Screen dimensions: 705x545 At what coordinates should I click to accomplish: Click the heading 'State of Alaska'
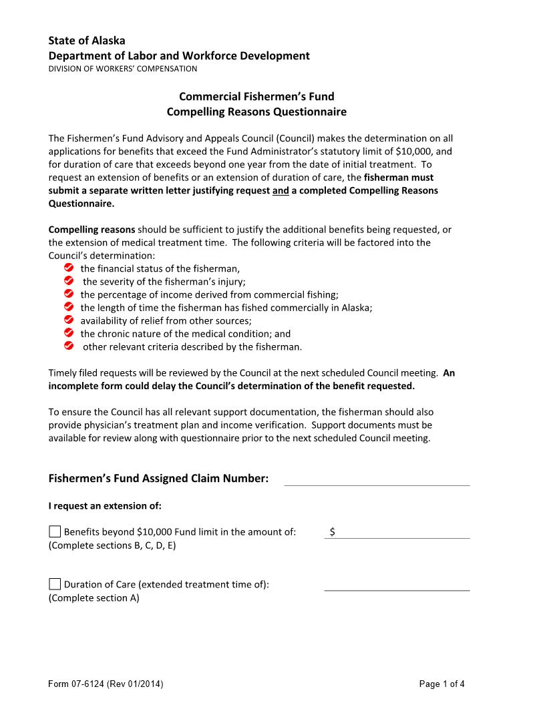(86, 41)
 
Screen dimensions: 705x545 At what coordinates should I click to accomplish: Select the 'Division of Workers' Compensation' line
(122, 68)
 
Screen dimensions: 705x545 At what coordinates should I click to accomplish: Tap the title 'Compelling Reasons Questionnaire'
(256, 111)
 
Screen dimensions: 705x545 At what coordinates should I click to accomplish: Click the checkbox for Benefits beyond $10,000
(55, 532)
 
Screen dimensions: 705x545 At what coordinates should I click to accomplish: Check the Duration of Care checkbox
(55, 584)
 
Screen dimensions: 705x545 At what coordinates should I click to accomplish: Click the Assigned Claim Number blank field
(377, 479)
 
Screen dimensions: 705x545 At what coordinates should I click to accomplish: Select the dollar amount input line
(401, 532)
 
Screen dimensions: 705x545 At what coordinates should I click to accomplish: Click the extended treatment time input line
(397, 584)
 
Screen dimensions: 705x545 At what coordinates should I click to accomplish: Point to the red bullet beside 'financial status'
(68, 268)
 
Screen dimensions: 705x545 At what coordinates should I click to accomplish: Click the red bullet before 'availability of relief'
(68, 320)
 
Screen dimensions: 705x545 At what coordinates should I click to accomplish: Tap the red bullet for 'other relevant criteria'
(68, 346)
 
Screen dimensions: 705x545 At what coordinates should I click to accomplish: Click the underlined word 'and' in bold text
(281, 191)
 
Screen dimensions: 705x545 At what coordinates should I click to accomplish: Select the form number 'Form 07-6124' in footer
(106, 684)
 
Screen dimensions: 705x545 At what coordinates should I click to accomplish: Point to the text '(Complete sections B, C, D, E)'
(112, 545)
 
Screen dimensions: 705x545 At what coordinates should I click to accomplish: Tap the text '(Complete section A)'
(94, 598)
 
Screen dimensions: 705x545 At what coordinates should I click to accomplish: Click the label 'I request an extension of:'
(105, 505)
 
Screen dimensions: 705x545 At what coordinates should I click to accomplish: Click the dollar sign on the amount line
(332, 532)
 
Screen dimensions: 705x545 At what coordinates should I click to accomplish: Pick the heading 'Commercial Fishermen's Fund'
(256, 96)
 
